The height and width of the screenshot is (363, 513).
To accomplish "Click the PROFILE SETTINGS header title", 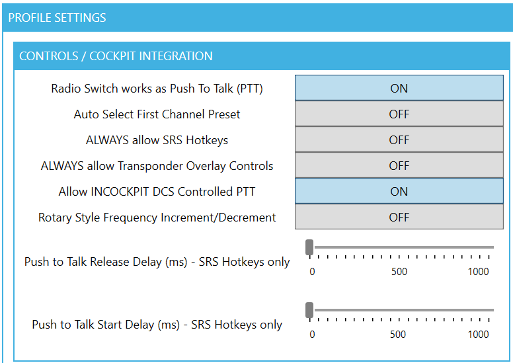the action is click(x=57, y=18).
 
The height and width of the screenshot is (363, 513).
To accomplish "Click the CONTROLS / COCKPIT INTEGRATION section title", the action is click(x=116, y=56).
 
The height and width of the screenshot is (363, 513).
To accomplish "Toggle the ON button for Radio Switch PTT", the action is click(x=399, y=88).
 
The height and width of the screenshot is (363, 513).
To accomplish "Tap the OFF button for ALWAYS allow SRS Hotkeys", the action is click(x=399, y=140).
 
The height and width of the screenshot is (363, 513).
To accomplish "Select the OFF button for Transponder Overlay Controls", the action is click(x=399, y=165).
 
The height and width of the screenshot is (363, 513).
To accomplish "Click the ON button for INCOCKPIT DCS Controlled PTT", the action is click(x=399, y=191).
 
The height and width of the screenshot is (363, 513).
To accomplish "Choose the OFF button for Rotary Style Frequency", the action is click(x=399, y=217).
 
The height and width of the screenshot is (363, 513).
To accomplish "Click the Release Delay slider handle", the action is click(x=309, y=247).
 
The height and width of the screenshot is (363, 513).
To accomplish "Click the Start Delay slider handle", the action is click(x=309, y=310).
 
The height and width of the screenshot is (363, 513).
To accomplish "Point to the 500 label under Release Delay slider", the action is click(x=399, y=272).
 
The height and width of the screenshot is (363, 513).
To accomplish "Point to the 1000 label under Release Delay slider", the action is click(x=479, y=272).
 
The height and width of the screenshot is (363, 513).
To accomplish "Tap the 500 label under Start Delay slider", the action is click(x=398, y=335).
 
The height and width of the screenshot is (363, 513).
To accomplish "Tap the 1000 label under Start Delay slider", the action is click(x=479, y=335).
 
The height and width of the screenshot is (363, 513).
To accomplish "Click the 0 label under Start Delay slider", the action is click(x=312, y=335).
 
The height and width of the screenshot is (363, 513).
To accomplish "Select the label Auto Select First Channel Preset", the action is click(x=157, y=114).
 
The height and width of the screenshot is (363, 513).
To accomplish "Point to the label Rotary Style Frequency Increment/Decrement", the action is click(x=157, y=218).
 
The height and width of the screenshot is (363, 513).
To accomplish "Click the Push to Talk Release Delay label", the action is click(x=157, y=262).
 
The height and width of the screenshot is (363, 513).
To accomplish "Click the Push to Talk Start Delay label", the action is click(x=157, y=325).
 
